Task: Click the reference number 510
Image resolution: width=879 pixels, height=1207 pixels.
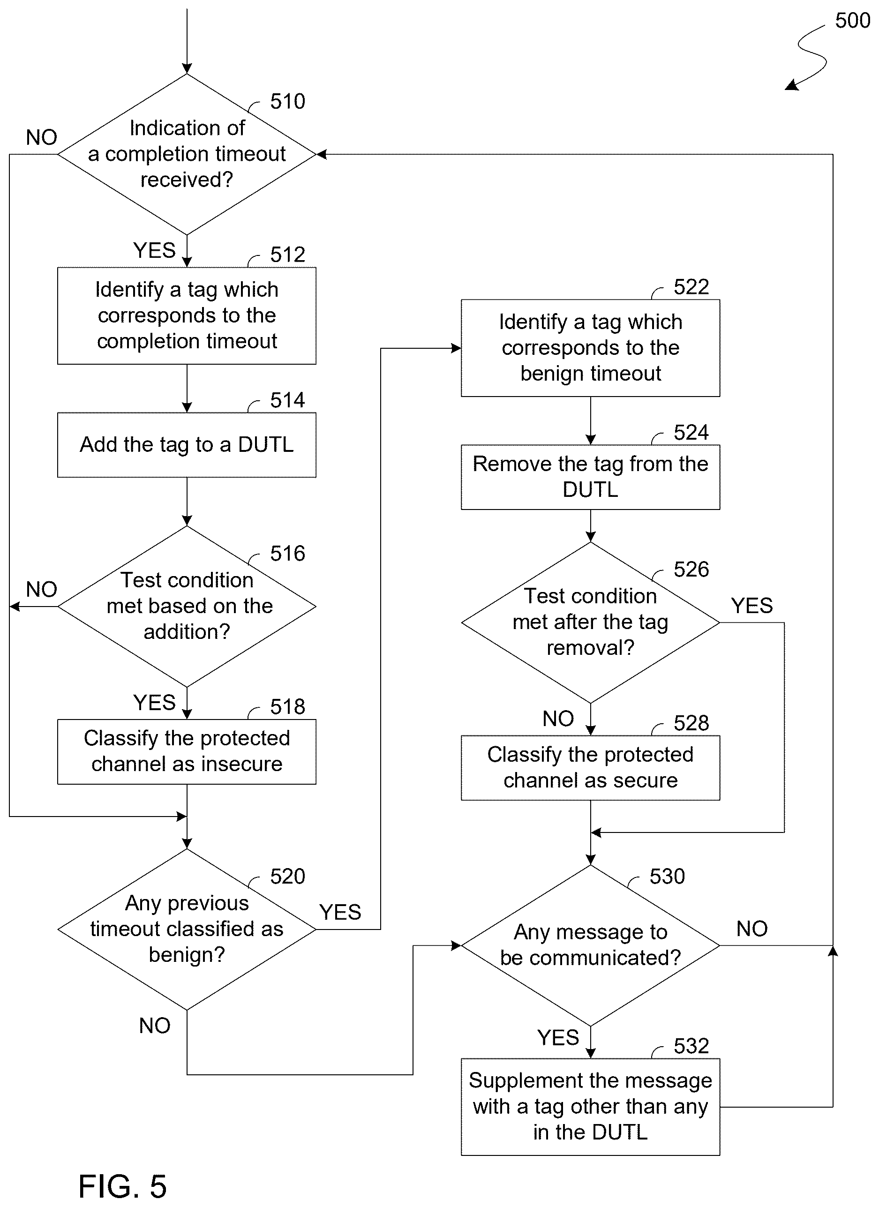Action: pyautogui.click(x=287, y=101)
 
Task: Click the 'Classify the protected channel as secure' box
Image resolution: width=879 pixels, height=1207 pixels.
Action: pyautogui.click(x=590, y=767)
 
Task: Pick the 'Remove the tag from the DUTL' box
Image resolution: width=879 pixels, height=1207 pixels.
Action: pyautogui.click(x=590, y=477)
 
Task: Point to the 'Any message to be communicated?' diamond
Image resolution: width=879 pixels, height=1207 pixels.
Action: pyautogui.click(x=590, y=946)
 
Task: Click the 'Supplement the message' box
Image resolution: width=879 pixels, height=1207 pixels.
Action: pyautogui.click(x=590, y=1107)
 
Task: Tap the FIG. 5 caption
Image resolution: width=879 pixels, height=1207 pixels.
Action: pyautogui.click(x=122, y=1186)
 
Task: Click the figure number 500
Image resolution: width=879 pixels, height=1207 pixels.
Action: pyautogui.click(x=852, y=20)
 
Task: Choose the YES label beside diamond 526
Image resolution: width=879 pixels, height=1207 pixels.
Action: pyautogui.click(x=752, y=606)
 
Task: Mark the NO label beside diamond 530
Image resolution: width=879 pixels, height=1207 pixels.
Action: pyautogui.click(x=752, y=929)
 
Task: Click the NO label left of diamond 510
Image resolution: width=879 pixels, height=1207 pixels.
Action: pyautogui.click(x=42, y=137)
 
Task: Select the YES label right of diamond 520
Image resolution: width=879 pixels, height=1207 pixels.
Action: pyautogui.click(x=340, y=912)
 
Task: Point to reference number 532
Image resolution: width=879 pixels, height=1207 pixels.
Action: pyautogui.click(x=691, y=1046)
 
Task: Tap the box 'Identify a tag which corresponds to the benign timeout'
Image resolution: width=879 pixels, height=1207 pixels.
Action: pyautogui.click(x=590, y=348)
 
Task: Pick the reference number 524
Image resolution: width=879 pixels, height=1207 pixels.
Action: pyautogui.click(x=691, y=432)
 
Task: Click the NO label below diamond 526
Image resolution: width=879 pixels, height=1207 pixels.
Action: pyautogui.click(x=558, y=719)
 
